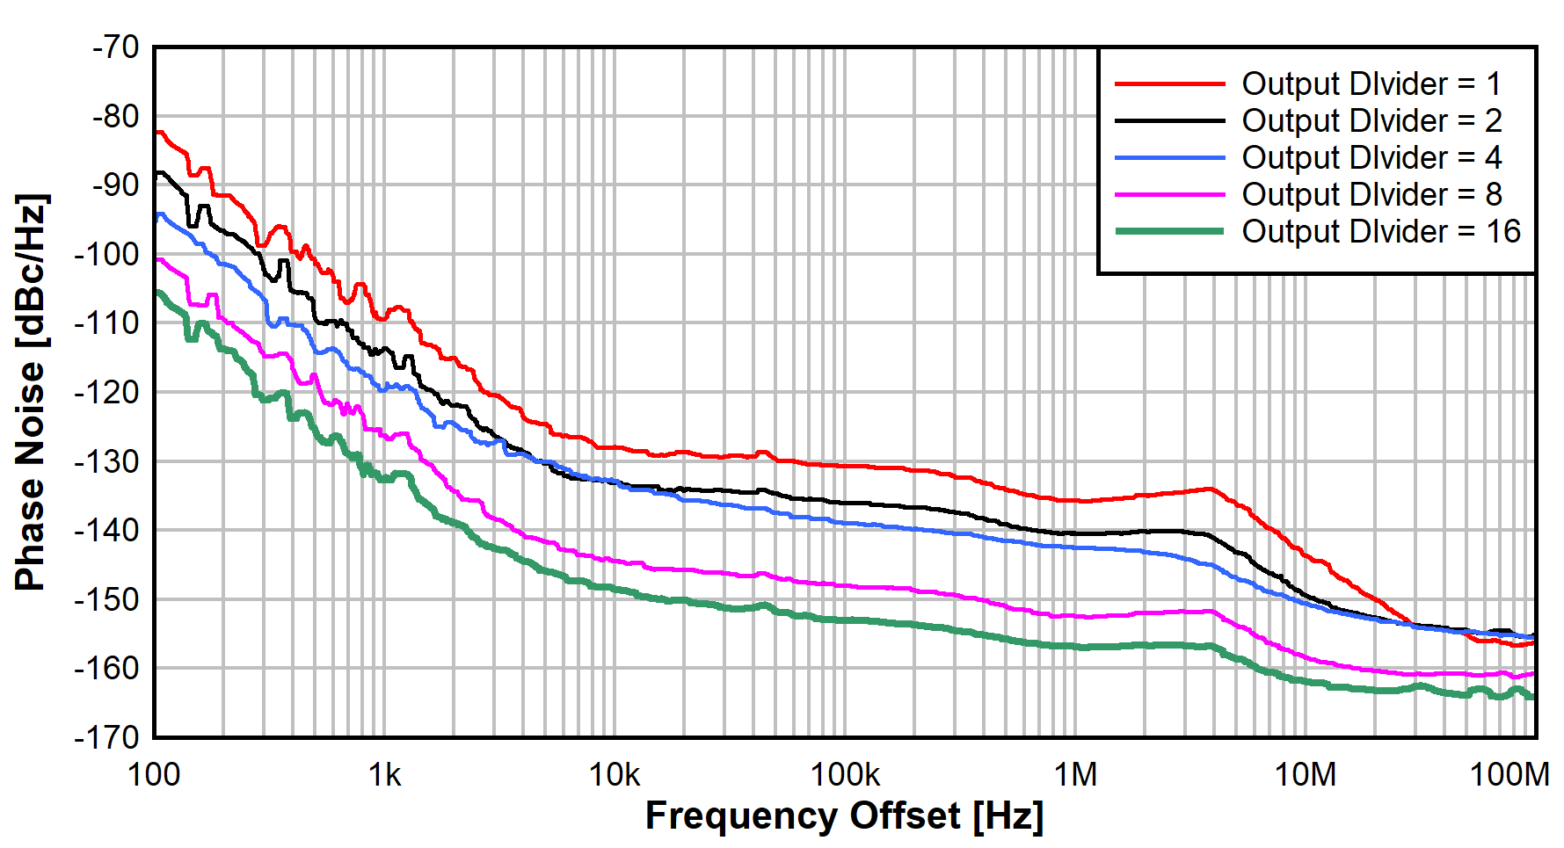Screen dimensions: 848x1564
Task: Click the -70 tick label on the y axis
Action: [115, 47]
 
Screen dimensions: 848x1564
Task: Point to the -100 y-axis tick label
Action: [107, 254]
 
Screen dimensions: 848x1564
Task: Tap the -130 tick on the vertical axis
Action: [107, 461]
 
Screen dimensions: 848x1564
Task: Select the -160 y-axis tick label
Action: [107, 669]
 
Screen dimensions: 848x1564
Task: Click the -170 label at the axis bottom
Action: [107, 736]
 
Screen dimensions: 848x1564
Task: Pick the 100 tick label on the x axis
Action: [154, 775]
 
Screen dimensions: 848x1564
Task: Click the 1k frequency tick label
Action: [384, 775]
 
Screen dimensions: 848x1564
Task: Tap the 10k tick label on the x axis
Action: [615, 775]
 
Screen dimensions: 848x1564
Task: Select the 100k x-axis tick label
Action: [845, 775]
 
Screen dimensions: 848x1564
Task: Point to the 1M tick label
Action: [1075, 775]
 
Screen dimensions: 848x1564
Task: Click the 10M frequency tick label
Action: [1306, 775]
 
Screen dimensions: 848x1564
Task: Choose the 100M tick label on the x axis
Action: [1509, 775]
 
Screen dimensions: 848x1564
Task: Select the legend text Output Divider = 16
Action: [1380, 232]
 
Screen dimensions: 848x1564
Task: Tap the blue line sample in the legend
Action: [1169, 158]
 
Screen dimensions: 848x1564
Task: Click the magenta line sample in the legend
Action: [1169, 195]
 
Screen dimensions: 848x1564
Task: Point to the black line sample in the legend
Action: [1169, 121]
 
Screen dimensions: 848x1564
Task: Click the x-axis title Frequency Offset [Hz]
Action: [844, 816]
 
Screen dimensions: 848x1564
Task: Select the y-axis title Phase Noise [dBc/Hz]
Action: [31, 392]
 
